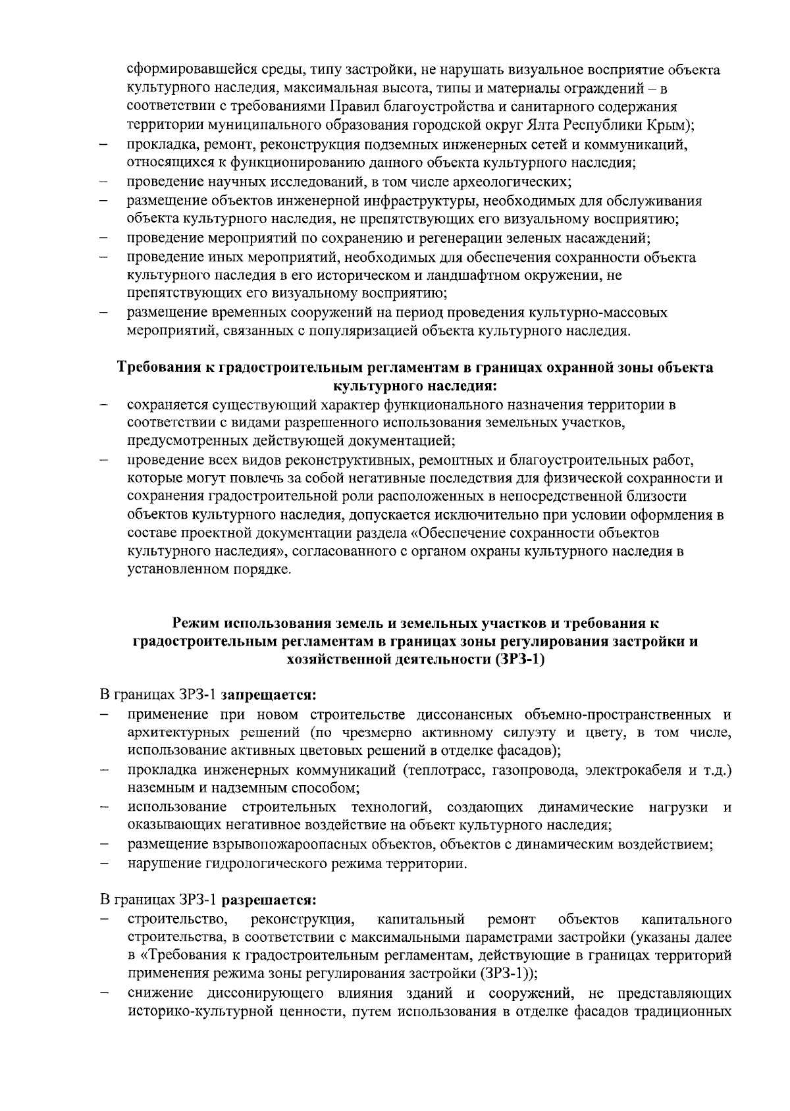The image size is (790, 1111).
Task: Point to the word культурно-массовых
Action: pyautogui.click(x=601, y=312)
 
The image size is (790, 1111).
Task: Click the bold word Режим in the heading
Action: pyautogui.click(x=196, y=623)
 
